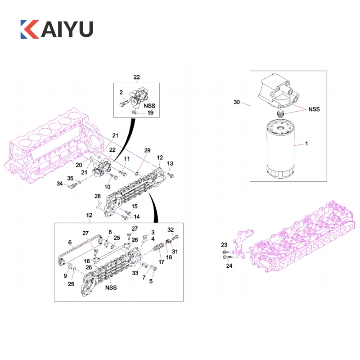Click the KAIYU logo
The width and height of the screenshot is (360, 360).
tap(57, 29)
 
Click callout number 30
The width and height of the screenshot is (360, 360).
tap(237, 102)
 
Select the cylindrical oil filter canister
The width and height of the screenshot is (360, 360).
tap(280, 149)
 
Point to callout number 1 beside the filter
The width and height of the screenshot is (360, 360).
tap(306, 144)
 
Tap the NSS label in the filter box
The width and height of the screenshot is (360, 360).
tap(314, 109)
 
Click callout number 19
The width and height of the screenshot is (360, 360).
tap(150, 113)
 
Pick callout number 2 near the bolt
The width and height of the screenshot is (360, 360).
tap(121, 92)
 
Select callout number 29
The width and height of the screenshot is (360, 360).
tap(147, 150)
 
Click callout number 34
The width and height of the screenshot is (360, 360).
tap(60, 184)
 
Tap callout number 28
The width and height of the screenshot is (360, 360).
tap(98, 196)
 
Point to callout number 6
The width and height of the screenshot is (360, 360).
tap(70, 242)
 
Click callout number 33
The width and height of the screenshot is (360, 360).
tap(135, 273)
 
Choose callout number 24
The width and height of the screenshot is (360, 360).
tap(229, 265)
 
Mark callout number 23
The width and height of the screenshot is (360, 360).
tap(224, 245)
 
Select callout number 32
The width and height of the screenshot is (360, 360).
tap(171, 229)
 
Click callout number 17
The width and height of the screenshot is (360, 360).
tap(162, 262)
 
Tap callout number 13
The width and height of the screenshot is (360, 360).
tap(170, 163)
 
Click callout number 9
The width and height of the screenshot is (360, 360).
tap(65, 276)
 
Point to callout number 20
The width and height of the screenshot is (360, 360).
tap(79, 165)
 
